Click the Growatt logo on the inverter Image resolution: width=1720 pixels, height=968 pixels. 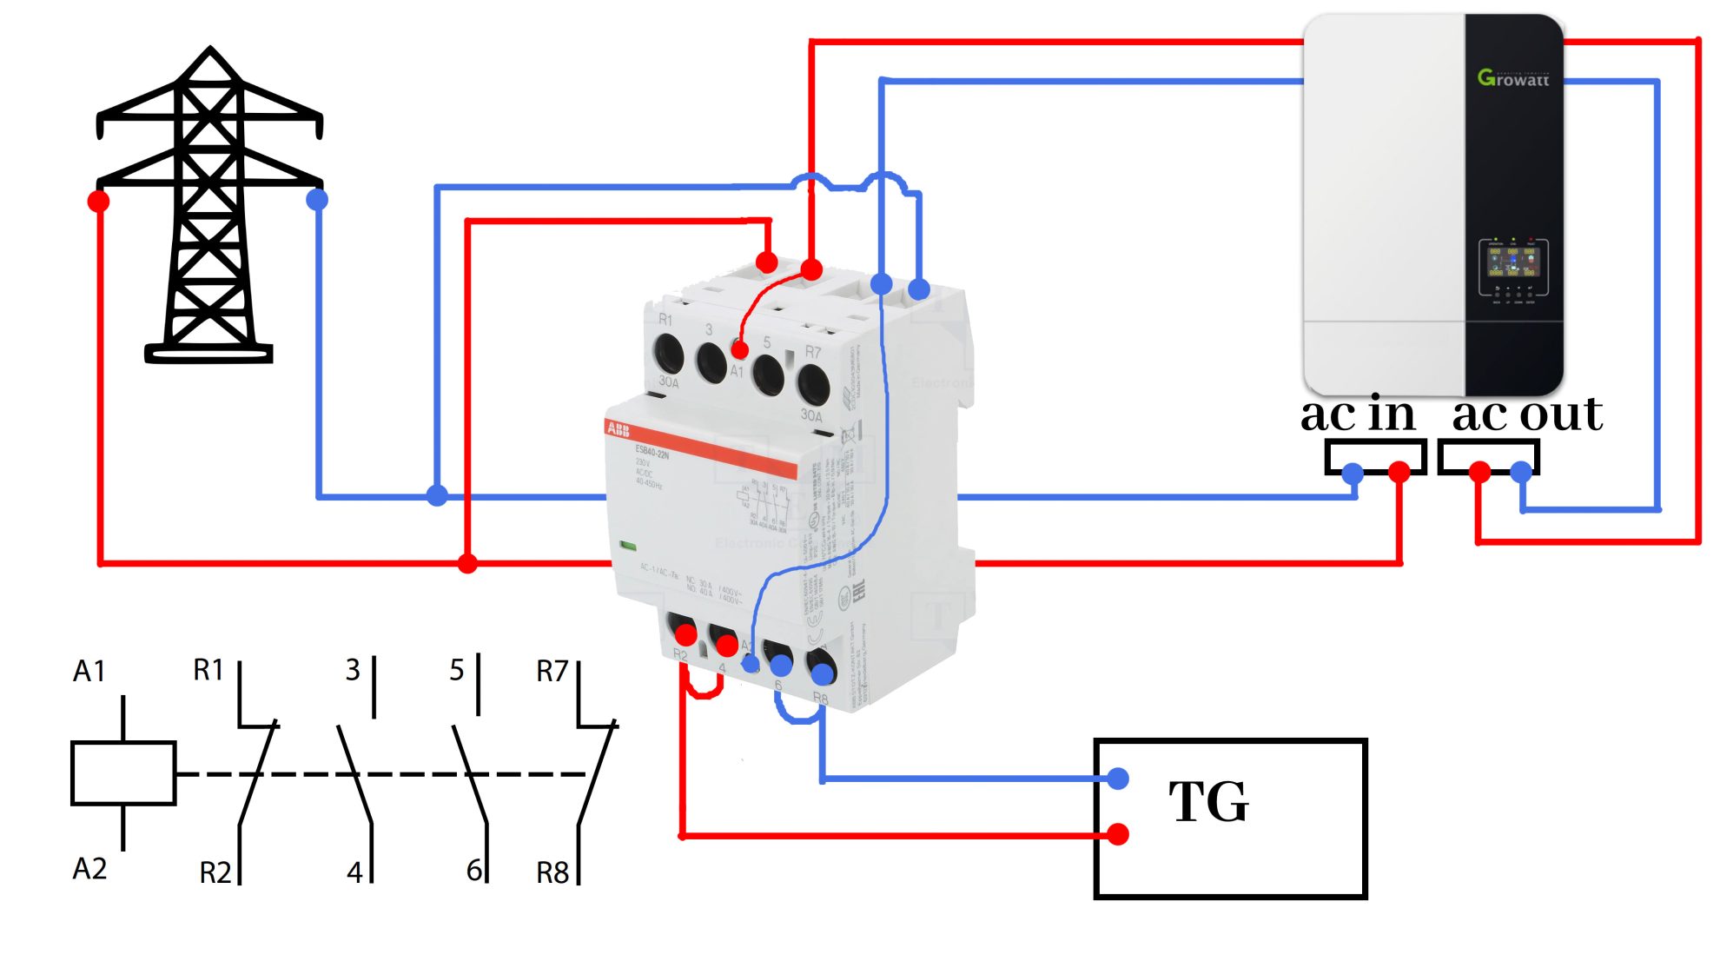pos(1512,78)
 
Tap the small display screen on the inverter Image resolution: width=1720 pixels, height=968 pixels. pos(1512,262)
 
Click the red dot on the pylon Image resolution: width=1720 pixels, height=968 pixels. pos(99,202)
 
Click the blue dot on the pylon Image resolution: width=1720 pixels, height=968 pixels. pos(317,200)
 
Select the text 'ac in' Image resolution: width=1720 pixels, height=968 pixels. pos(1357,414)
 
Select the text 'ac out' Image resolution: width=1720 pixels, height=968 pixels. pos(1526,414)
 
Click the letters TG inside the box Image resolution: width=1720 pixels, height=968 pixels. pos(1208,801)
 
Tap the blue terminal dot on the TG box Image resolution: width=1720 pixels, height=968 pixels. pos(1118,778)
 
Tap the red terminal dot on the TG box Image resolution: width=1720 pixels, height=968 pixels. pos(1118,834)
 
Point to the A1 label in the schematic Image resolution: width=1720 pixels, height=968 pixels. pos(89,671)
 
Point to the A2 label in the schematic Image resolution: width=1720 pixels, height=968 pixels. pos(89,868)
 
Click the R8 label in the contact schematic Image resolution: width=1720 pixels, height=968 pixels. pos(552,872)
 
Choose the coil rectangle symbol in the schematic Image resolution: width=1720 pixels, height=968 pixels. pos(123,772)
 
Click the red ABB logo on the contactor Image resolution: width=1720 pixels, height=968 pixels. pos(618,429)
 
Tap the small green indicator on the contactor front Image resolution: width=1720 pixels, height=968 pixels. pos(628,546)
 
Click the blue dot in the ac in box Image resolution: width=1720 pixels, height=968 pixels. pos(1353,474)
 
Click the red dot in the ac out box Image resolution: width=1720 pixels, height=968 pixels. pos(1479,472)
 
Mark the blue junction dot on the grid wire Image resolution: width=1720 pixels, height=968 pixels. pos(437,496)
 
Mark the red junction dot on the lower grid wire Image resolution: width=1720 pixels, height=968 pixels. pos(467,564)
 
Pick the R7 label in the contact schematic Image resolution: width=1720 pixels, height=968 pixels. pos(552,671)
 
